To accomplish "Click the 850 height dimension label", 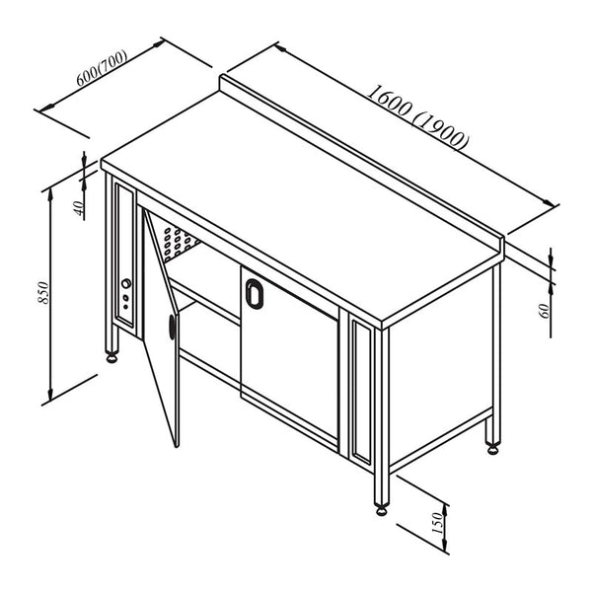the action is point(43,293).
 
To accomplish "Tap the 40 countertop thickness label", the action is point(79,208).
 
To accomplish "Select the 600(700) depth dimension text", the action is point(102,68).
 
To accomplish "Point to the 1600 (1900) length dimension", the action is point(418,117).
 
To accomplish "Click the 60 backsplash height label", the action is point(546,311).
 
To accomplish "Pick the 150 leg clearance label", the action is point(437,523).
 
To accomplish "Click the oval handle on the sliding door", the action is point(255,293).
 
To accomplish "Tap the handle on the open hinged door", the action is point(172,327).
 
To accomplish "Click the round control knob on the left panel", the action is point(126,283).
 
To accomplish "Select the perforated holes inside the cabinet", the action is point(177,241).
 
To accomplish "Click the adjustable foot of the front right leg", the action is point(381,510).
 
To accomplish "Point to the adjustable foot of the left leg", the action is point(112,357).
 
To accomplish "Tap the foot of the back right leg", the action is point(492,449).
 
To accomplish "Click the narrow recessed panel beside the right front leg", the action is point(362,393).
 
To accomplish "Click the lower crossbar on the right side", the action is point(441,441).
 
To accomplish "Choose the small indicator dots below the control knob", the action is point(125,303).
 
